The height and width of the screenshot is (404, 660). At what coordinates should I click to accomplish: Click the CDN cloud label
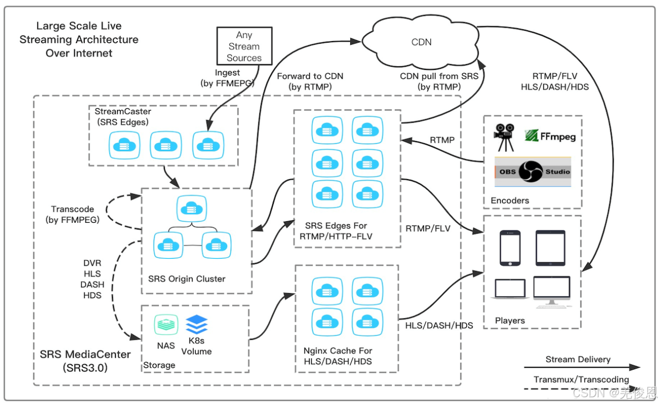pos(421,42)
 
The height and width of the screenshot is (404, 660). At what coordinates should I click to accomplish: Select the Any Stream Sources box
pos(244,46)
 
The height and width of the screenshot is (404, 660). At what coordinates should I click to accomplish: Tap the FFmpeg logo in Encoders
pos(550,136)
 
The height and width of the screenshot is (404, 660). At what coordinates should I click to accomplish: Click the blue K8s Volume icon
pos(196,325)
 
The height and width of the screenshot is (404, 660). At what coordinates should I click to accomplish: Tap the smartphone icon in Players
pos(510,247)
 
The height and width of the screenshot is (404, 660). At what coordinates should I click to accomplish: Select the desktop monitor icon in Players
pos(551,290)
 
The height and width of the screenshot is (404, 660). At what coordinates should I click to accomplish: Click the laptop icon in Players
pos(510,289)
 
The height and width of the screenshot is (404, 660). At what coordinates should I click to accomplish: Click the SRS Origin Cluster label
pos(187,279)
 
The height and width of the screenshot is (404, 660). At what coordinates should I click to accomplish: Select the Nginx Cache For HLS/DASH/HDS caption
pos(338,356)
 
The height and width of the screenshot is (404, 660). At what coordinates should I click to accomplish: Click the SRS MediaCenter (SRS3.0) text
pos(85,360)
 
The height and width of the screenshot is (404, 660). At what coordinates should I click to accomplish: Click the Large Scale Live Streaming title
pos(79,39)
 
